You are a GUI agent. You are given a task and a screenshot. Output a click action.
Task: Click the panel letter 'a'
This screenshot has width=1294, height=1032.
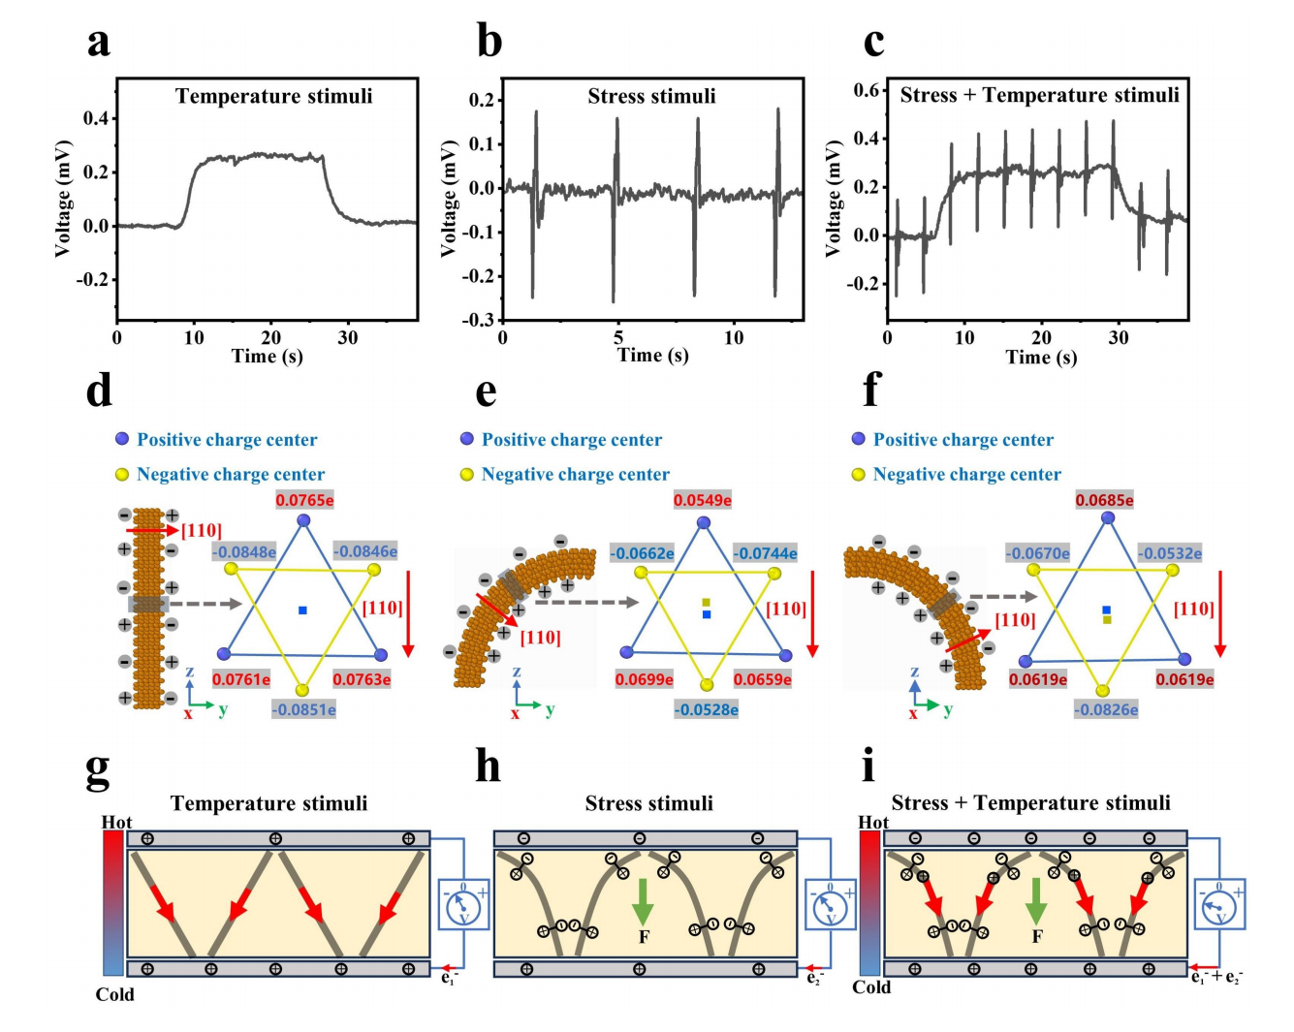click(x=98, y=44)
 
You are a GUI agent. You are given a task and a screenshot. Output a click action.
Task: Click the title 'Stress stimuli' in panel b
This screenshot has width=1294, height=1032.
click(x=651, y=96)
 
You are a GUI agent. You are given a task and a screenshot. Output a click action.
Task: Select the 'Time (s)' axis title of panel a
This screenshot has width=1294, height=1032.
click(x=268, y=356)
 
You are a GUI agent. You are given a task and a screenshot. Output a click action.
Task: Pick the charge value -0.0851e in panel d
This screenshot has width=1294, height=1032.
click(x=303, y=709)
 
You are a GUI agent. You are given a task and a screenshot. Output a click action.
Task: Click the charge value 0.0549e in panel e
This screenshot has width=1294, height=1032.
click(x=703, y=500)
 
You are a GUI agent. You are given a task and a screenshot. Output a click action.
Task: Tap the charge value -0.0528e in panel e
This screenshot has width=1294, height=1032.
click(x=707, y=709)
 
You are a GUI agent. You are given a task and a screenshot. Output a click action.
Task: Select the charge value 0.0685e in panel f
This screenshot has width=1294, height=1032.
click(x=1104, y=500)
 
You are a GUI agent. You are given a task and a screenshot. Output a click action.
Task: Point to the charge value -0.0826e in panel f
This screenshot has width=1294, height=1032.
click(x=1105, y=709)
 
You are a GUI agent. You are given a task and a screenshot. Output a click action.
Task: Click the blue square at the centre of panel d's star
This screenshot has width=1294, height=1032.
click(x=303, y=610)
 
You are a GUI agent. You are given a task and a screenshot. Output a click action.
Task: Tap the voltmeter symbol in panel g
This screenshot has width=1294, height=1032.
click(x=462, y=905)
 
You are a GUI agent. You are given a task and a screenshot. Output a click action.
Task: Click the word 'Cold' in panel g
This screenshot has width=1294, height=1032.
click(x=114, y=994)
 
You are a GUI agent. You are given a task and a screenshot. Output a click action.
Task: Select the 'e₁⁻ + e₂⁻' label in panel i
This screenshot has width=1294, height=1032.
click(x=1216, y=978)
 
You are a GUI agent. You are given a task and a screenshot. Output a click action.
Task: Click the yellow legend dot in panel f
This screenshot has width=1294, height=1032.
click(x=858, y=475)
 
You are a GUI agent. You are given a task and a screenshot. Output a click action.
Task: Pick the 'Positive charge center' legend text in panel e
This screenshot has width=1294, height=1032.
click(x=572, y=440)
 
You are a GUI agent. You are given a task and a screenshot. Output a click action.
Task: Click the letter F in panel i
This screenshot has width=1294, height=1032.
click(x=1037, y=936)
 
